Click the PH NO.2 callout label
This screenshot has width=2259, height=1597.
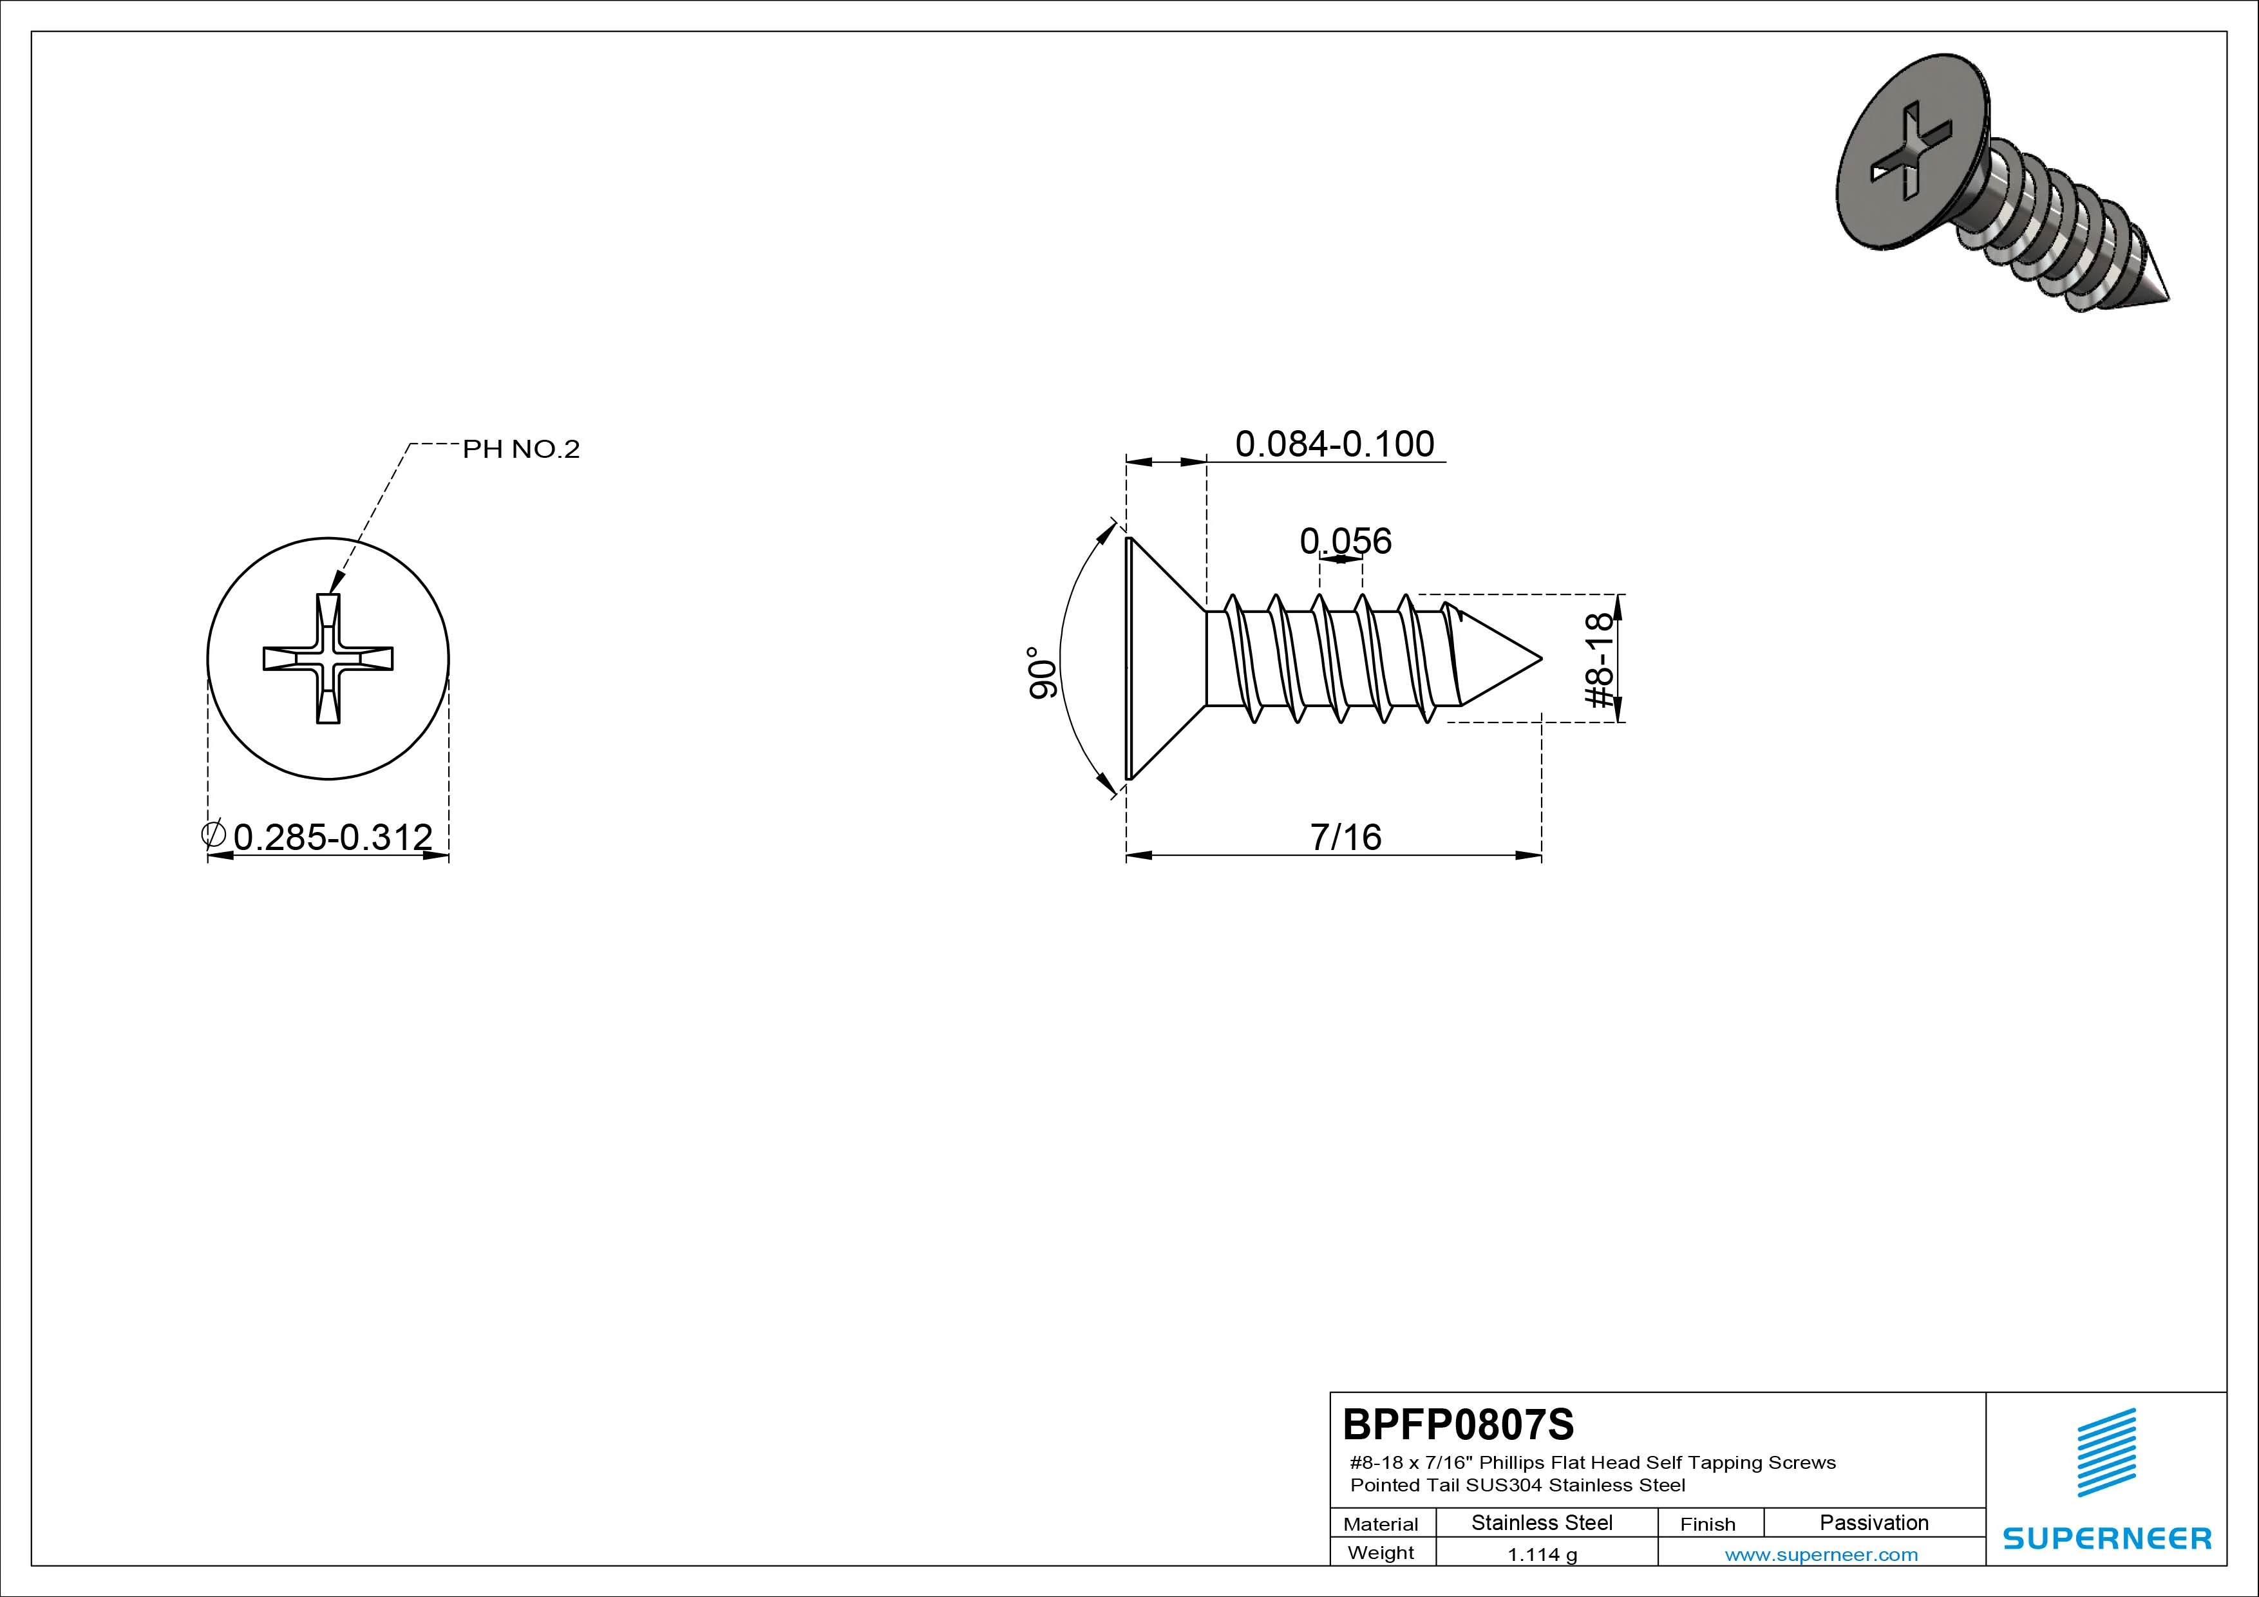(522, 449)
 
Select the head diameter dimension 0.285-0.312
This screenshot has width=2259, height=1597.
(332, 836)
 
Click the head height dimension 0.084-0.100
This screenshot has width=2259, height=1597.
(1334, 444)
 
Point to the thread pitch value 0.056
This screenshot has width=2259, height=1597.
(1345, 540)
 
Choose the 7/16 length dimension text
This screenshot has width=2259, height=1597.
(1346, 836)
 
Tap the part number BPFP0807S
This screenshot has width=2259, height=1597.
(1458, 1424)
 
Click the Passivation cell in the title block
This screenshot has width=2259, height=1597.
(1873, 1522)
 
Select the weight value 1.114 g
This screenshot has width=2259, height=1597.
(1542, 1554)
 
